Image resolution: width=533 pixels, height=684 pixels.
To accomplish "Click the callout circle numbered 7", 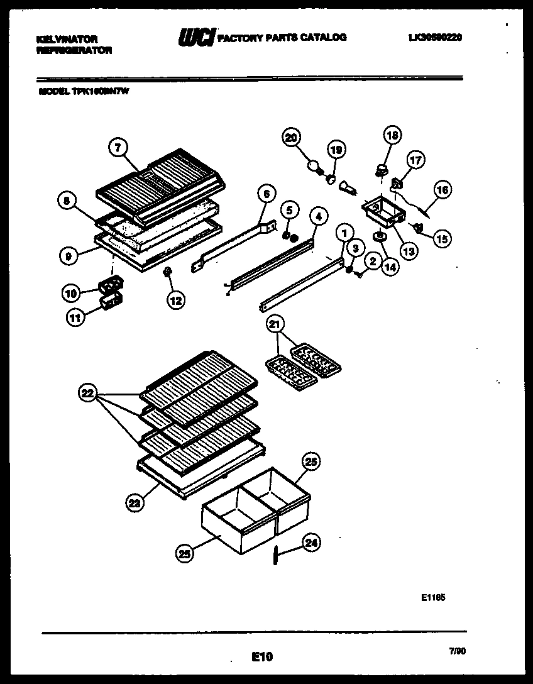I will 118,147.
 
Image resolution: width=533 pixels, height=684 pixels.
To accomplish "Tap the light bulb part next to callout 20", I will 312,166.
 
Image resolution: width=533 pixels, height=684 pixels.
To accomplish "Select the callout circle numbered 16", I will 442,190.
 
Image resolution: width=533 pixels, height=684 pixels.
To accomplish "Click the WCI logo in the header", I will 197,38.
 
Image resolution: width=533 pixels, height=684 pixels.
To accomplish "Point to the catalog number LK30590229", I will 435,38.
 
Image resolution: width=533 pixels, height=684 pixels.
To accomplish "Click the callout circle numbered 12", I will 175,301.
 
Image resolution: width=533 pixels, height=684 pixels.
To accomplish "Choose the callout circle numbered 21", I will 275,324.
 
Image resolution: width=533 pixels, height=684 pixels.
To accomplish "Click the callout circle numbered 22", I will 88,394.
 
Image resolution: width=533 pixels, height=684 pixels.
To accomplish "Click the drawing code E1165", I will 434,598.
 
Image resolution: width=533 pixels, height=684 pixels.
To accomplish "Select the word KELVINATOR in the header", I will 67,39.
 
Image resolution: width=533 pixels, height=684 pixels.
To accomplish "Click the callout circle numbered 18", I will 392,135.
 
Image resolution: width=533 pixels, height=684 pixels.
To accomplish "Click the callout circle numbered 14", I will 390,265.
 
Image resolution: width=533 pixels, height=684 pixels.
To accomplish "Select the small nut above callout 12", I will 168,272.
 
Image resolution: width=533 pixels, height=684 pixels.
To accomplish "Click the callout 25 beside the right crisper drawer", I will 311,461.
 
